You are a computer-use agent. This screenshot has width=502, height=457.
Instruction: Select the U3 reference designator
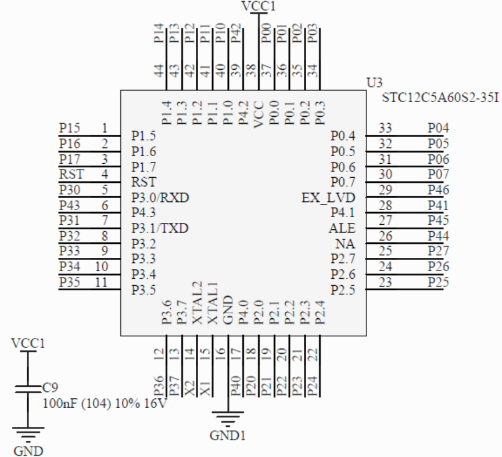point(374,84)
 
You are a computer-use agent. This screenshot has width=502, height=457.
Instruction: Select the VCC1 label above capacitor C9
point(27,343)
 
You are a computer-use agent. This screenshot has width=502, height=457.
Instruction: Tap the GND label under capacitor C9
point(27,451)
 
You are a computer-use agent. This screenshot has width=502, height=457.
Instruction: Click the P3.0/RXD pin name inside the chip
point(161,197)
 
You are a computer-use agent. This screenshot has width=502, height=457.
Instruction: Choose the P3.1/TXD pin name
point(161,228)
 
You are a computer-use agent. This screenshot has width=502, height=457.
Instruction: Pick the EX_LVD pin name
point(337,197)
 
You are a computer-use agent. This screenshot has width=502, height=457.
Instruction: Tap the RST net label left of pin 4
point(71,173)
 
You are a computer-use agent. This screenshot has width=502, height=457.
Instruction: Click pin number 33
point(385,128)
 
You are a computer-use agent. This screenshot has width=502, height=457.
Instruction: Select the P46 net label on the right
point(439,189)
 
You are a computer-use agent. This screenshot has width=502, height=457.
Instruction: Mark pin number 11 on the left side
point(101,282)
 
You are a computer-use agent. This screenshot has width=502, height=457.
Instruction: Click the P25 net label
point(439,282)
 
